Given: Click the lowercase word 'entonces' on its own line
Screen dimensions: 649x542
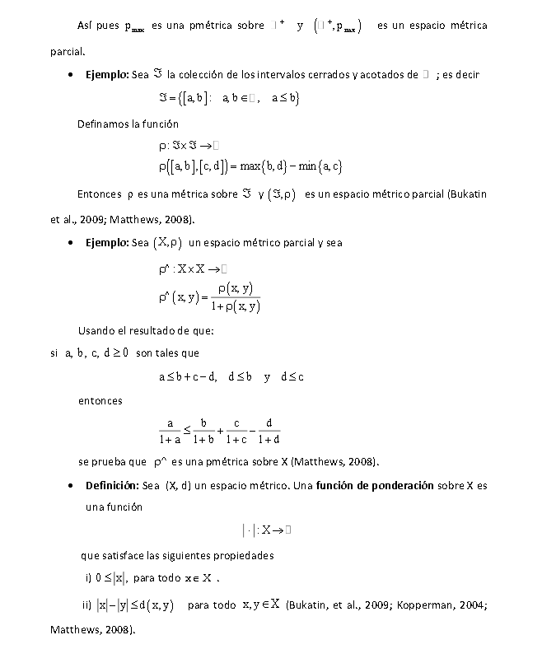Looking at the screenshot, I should click(x=100, y=401).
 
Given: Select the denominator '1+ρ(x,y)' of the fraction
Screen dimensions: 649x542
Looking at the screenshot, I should click(x=236, y=306).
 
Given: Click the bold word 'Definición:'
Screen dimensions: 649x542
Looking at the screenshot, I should click(x=113, y=485).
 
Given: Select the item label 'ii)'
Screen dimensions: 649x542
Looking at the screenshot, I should click(x=86, y=605).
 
